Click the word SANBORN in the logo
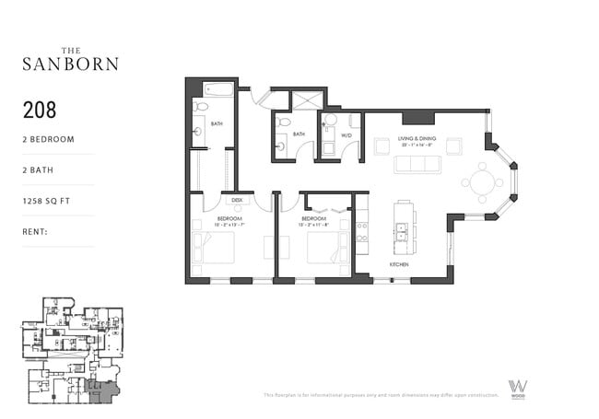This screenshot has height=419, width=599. pos(70,64)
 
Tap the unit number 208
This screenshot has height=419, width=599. pos(40,111)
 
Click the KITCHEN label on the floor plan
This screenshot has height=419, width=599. pos(398,264)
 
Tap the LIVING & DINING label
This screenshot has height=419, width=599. pos(417,140)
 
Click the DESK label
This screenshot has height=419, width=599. pos(236,199)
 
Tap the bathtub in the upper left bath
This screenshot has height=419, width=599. pos(219,90)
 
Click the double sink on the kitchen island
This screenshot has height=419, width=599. pos(401,236)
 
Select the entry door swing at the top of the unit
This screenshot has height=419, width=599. pos(261,96)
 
